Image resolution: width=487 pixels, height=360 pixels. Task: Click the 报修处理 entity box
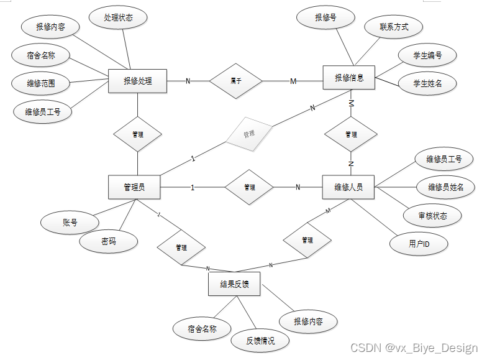[137, 81]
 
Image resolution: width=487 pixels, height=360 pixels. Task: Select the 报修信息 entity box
[349, 78]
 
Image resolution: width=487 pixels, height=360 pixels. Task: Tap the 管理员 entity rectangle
[134, 187]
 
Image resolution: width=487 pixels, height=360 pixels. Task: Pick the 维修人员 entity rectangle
[348, 187]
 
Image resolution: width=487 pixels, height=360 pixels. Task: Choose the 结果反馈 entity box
[234, 284]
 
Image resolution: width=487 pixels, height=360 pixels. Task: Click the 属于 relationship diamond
[236, 81]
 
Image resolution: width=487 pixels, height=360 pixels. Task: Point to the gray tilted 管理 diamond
[249, 134]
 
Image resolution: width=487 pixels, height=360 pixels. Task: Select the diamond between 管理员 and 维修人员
[249, 187]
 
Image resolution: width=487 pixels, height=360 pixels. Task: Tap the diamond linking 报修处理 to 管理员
[137, 134]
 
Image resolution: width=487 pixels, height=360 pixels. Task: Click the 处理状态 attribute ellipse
[118, 17]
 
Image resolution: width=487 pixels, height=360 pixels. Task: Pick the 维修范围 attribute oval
[41, 83]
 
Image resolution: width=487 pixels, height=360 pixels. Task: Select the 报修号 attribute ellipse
[325, 17]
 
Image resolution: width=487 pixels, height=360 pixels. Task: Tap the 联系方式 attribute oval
[393, 27]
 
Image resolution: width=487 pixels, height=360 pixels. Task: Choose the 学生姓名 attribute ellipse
[427, 83]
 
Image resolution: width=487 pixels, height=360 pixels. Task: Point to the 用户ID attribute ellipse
[419, 244]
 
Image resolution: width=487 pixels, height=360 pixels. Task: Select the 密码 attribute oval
[108, 241]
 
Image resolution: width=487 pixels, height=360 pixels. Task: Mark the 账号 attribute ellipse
[70, 222]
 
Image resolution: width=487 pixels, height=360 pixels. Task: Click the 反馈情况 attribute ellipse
[260, 341]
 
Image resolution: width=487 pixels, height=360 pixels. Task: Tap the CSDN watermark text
[414, 348]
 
